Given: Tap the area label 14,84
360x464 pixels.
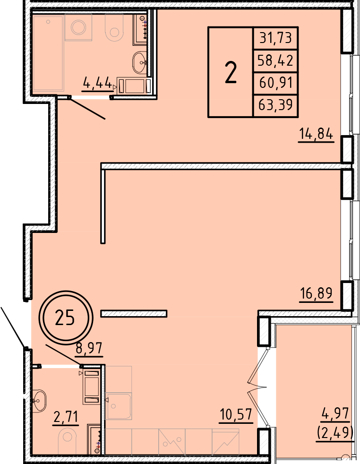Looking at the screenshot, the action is point(316,134).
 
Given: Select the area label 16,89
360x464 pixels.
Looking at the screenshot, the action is point(316,293).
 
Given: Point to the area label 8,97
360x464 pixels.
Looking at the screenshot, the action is point(89,348).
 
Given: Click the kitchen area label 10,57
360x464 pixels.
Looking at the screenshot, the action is point(236,414).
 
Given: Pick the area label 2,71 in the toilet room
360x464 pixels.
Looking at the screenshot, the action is point(66,417).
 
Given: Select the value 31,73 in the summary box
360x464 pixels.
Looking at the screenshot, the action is point(276,38).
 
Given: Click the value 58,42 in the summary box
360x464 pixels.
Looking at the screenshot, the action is point(275,60).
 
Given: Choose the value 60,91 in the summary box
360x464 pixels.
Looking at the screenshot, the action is point(276,83).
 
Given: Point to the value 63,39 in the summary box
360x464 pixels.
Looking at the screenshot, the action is point(275,105).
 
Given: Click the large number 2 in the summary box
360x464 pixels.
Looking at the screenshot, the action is point(231,72).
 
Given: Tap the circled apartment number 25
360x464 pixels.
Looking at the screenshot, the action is point(65,318).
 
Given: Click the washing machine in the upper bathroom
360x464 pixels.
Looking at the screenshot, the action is point(78,27).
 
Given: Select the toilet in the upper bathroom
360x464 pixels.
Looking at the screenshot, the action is point(114,27).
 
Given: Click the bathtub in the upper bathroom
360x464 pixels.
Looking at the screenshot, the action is point(49,53).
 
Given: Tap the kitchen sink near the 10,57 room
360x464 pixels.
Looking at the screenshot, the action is point(118,406).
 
